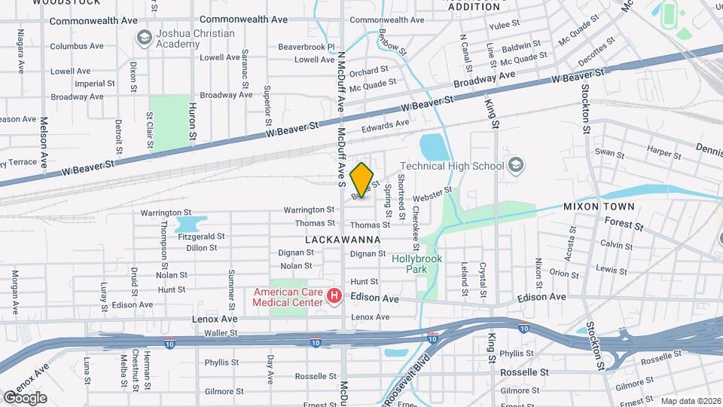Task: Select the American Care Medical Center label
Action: tap(288, 297)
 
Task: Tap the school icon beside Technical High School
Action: tap(516, 164)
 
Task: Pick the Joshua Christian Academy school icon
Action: tap(143, 37)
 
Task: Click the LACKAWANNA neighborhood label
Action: tap(343, 239)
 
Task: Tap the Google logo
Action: tap(25, 397)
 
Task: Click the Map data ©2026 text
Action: tap(690, 401)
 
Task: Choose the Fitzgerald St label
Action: tap(201, 236)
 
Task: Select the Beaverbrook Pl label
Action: tap(306, 47)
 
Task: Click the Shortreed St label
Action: tap(402, 203)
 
